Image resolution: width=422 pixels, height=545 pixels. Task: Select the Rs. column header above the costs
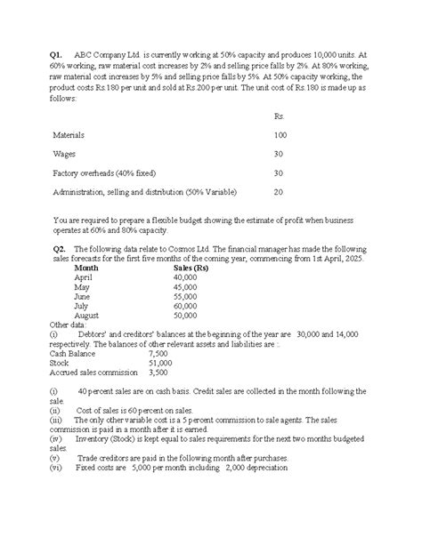tap(280, 116)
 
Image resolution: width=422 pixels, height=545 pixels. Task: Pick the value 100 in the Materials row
tap(280, 134)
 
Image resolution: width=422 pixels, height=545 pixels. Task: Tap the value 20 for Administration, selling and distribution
tap(279, 191)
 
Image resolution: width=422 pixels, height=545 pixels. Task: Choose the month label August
tap(87, 315)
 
